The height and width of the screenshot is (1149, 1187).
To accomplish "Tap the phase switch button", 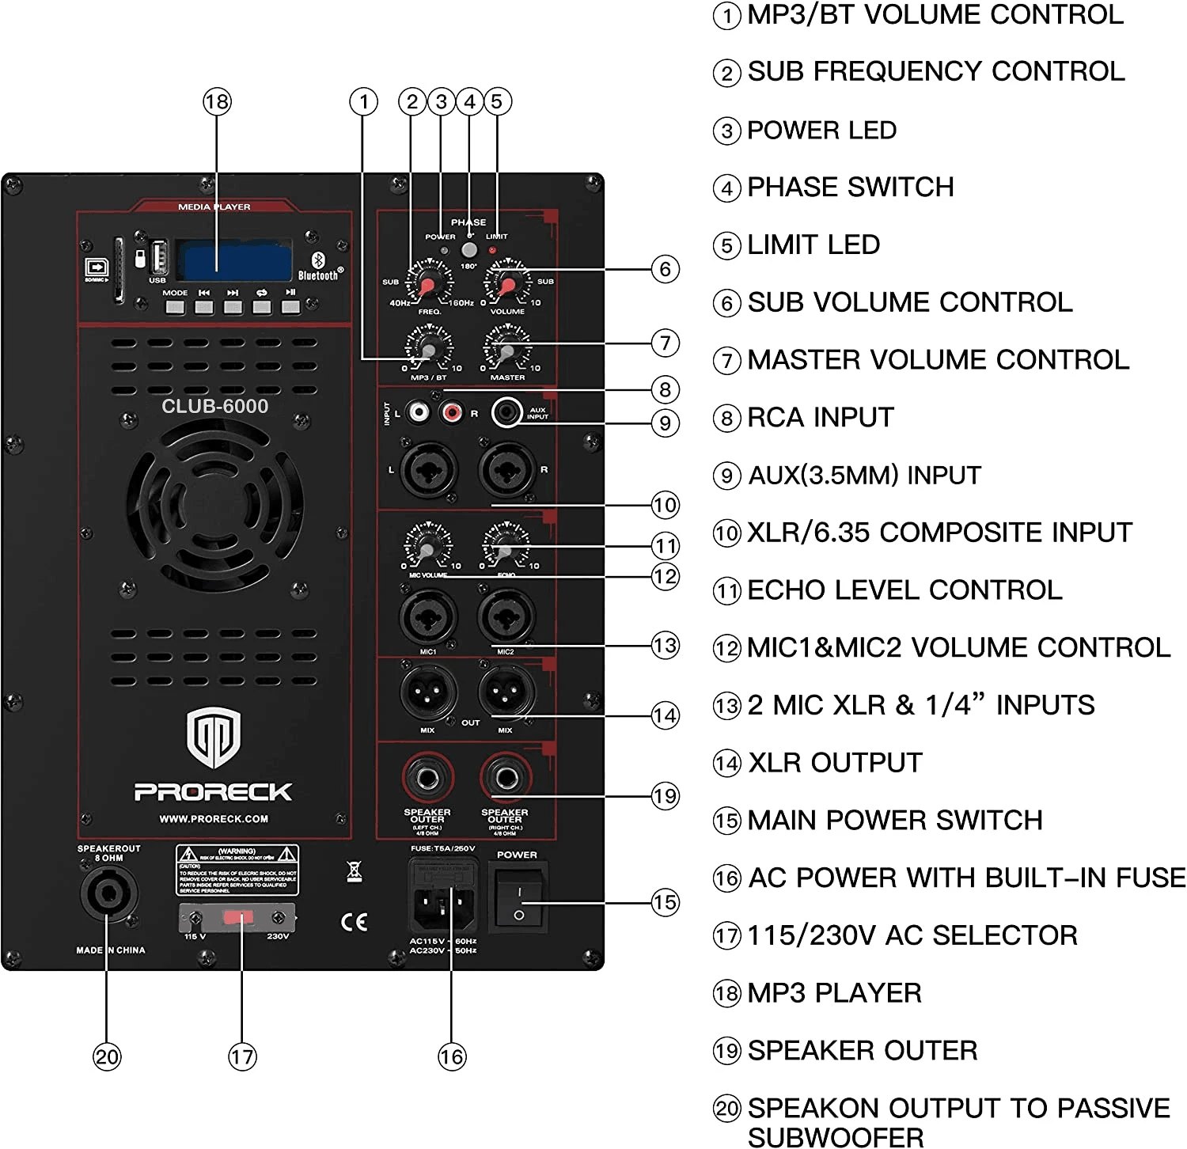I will [x=469, y=250].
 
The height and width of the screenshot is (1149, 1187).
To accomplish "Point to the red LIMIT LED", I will [x=493, y=251].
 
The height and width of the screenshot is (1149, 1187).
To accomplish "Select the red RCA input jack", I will [x=451, y=412].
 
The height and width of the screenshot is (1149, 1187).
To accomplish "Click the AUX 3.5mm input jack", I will [x=506, y=412].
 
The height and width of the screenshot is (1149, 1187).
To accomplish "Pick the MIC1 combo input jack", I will [x=428, y=617].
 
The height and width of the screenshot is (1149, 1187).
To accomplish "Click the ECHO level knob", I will [x=506, y=548].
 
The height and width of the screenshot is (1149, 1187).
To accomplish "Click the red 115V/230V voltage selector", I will [x=237, y=918].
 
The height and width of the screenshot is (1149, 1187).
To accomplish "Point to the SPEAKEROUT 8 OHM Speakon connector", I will [x=108, y=894].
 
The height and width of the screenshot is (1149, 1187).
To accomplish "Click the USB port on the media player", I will [x=157, y=258].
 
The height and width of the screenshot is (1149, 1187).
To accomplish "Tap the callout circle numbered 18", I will [x=217, y=101].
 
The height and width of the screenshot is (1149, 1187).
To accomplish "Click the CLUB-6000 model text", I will [x=214, y=406].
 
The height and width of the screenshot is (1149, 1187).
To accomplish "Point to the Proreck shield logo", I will [x=214, y=738].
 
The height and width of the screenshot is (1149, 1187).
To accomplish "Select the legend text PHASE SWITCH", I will [x=850, y=188].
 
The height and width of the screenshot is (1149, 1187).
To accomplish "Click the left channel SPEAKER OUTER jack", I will [x=427, y=779].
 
